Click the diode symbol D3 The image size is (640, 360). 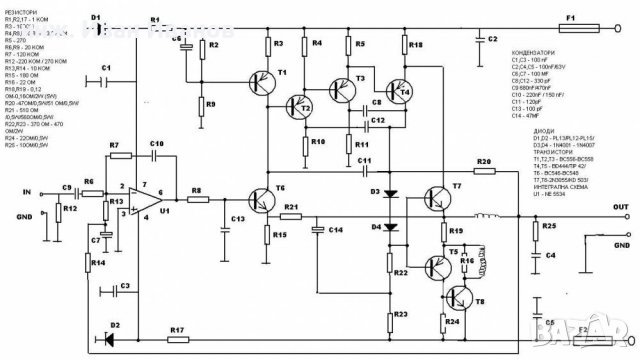click(390, 192)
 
